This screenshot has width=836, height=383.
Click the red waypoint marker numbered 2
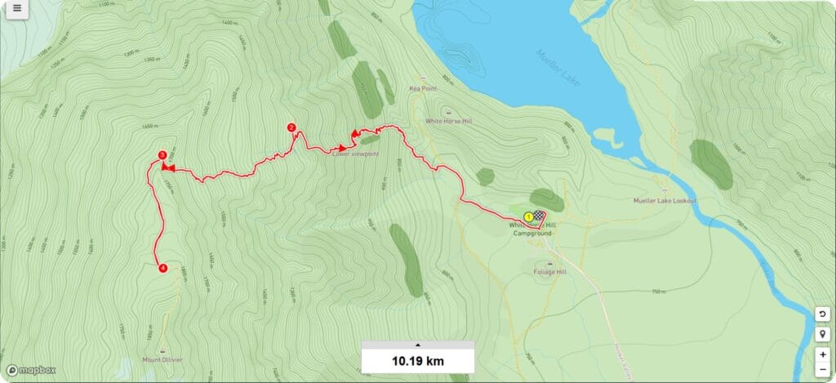tap(291, 127)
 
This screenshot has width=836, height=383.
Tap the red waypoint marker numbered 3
tap(162, 155)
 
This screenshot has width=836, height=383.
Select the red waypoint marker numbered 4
tap(162, 268)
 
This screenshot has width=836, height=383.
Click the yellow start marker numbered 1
tap(528, 216)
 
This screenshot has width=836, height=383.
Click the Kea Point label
tap(424, 89)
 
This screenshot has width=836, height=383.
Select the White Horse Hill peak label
tap(448, 121)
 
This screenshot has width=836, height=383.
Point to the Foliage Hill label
tap(549, 272)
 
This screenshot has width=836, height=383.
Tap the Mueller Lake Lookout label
tap(665, 201)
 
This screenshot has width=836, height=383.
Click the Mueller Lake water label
tap(563, 66)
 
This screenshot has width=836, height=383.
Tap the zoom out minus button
tap(823, 370)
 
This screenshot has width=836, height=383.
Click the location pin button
tap(823, 334)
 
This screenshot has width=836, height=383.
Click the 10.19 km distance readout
tap(417, 360)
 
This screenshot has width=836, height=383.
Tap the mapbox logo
tap(33, 370)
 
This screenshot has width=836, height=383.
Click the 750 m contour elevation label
tap(659, 292)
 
